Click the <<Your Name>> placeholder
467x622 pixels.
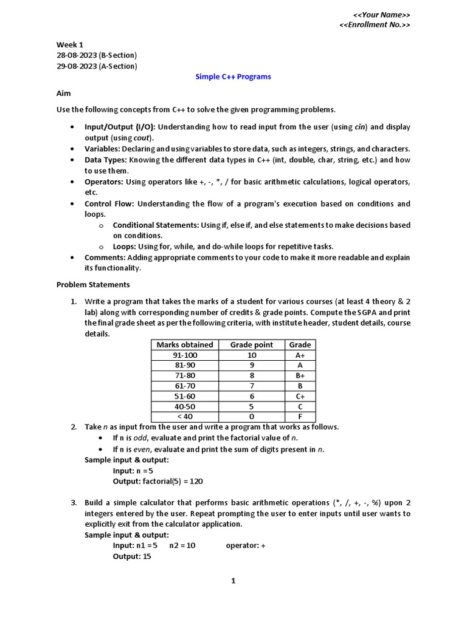[x=381, y=15]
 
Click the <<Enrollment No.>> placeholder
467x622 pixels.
[x=374, y=25]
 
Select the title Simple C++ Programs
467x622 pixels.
[x=233, y=77]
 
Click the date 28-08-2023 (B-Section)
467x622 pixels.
[x=97, y=55]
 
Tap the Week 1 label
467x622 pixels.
[x=70, y=44]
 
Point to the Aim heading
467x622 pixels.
[x=64, y=94]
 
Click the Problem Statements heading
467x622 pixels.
[x=93, y=284]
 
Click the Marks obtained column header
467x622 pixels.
[x=185, y=345]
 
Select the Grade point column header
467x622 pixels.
[x=251, y=345]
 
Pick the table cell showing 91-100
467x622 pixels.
[x=185, y=355]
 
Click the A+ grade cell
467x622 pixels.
[x=300, y=355]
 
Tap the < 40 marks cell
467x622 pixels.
[x=185, y=417]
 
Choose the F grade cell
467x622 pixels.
[x=300, y=417]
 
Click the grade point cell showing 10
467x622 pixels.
[x=251, y=355]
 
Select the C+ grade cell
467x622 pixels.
[x=300, y=396]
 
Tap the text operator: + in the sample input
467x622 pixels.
[x=246, y=545]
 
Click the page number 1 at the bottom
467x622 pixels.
[x=233, y=581]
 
